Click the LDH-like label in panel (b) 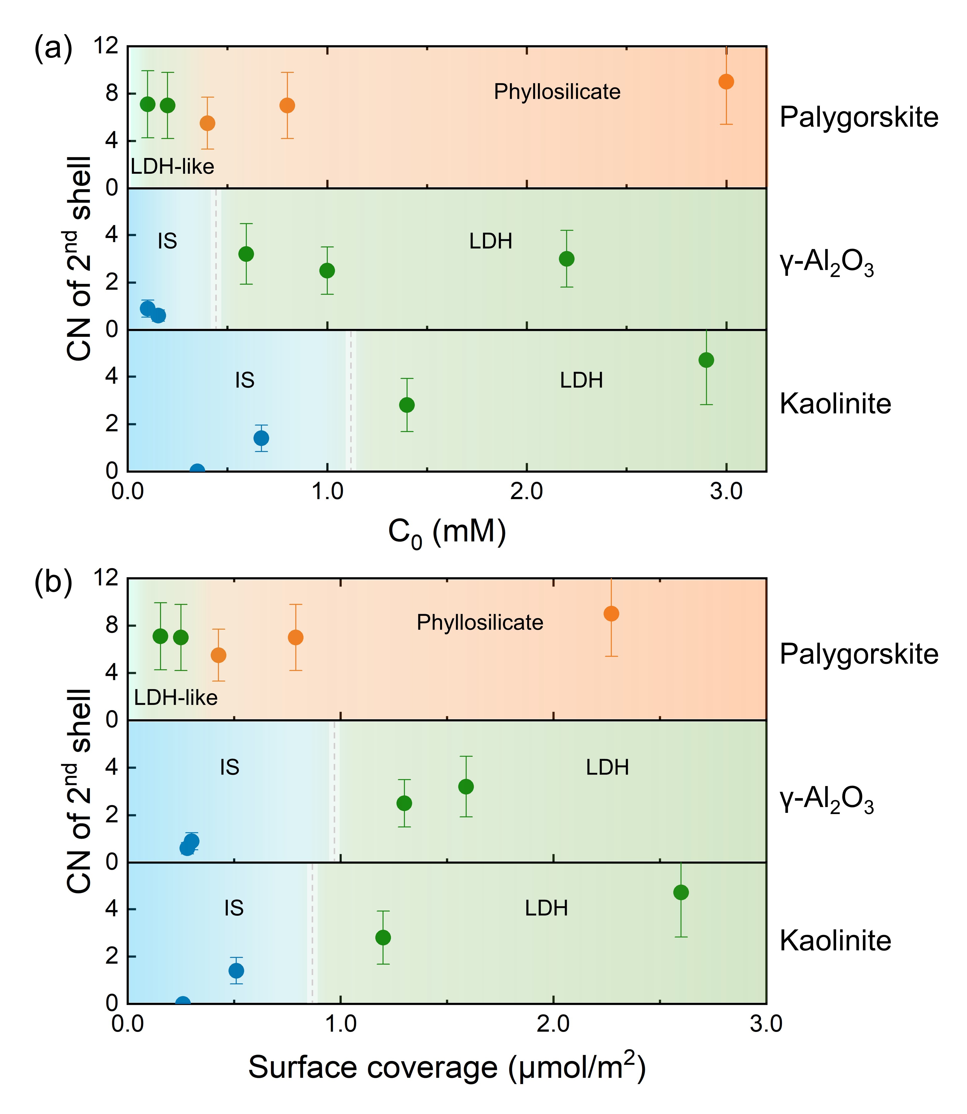pyautogui.click(x=175, y=698)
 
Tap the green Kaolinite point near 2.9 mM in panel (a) pyautogui.click(x=706, y=360)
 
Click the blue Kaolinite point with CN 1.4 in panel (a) pyautogui.click(x=261, y=438)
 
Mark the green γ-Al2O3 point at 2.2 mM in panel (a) pyautogui.click(x=566, y=259)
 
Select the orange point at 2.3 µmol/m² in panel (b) pyautogui.click(x=611, y=614)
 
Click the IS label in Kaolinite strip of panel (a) pyautogui.click(x=245, y=381)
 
